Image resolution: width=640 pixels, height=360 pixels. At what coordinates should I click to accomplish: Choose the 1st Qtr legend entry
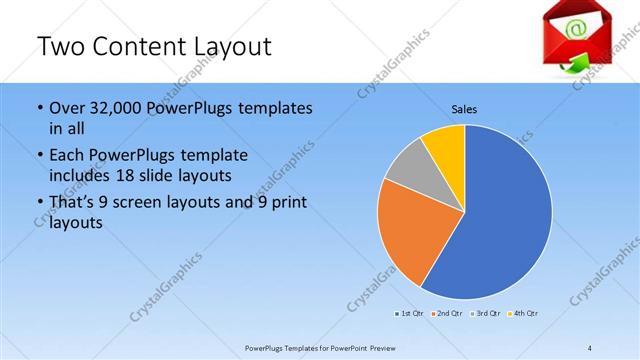pos(409,315)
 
